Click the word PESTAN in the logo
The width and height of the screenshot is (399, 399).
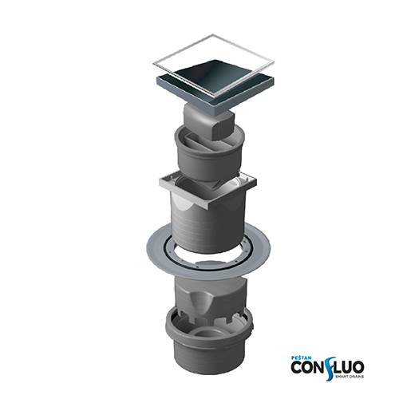pos(300,358)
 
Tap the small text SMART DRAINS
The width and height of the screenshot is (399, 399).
pos(350,376)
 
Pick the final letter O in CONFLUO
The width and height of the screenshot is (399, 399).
pos(358,367)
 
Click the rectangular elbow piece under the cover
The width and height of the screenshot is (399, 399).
pos(209,121)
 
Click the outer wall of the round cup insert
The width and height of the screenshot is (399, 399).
pos(209,166)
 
